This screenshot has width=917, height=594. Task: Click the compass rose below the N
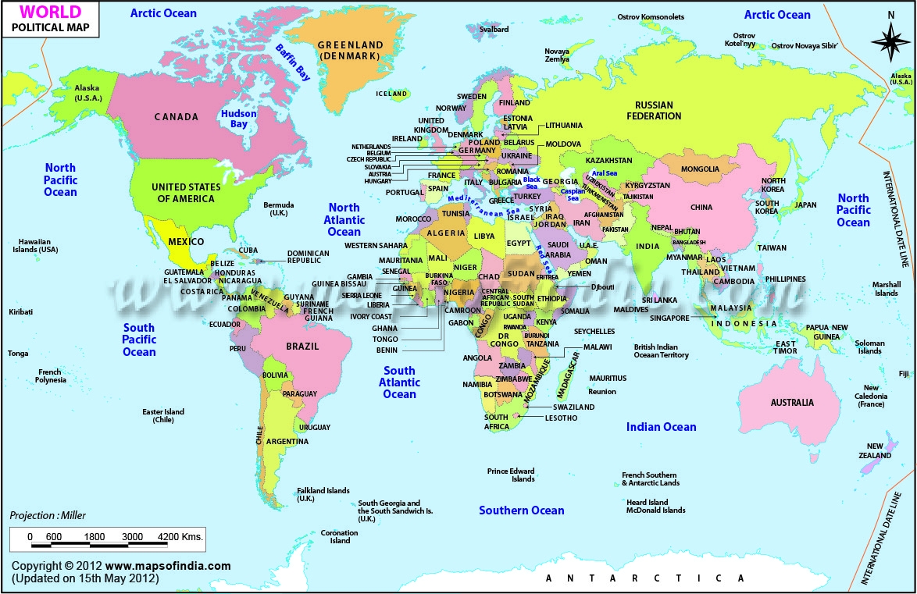pos(890,44)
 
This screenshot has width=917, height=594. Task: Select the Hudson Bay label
pos(238,119)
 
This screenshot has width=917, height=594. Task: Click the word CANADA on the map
pos(176,117)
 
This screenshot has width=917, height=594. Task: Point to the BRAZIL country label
pos(302,347)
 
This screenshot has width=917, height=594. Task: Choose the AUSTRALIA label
pos(792,403)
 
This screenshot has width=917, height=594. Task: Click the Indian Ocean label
pos(661,427)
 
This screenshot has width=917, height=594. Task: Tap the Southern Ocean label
pos(521,510)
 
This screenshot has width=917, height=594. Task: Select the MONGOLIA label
pos(700,169)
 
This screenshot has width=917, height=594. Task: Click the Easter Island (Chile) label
pos(163,416)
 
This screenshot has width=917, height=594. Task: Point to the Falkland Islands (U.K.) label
pos(323,495)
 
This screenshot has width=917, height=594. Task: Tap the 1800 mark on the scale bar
pos(94,537)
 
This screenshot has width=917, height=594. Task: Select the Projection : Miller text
pos(48,515)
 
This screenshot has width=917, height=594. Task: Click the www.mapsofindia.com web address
pos(168,566)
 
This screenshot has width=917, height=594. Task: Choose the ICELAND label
pos(392,94)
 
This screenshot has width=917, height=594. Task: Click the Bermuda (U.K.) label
pos(279,209)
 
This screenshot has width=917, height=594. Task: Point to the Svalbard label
pos(494,30)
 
